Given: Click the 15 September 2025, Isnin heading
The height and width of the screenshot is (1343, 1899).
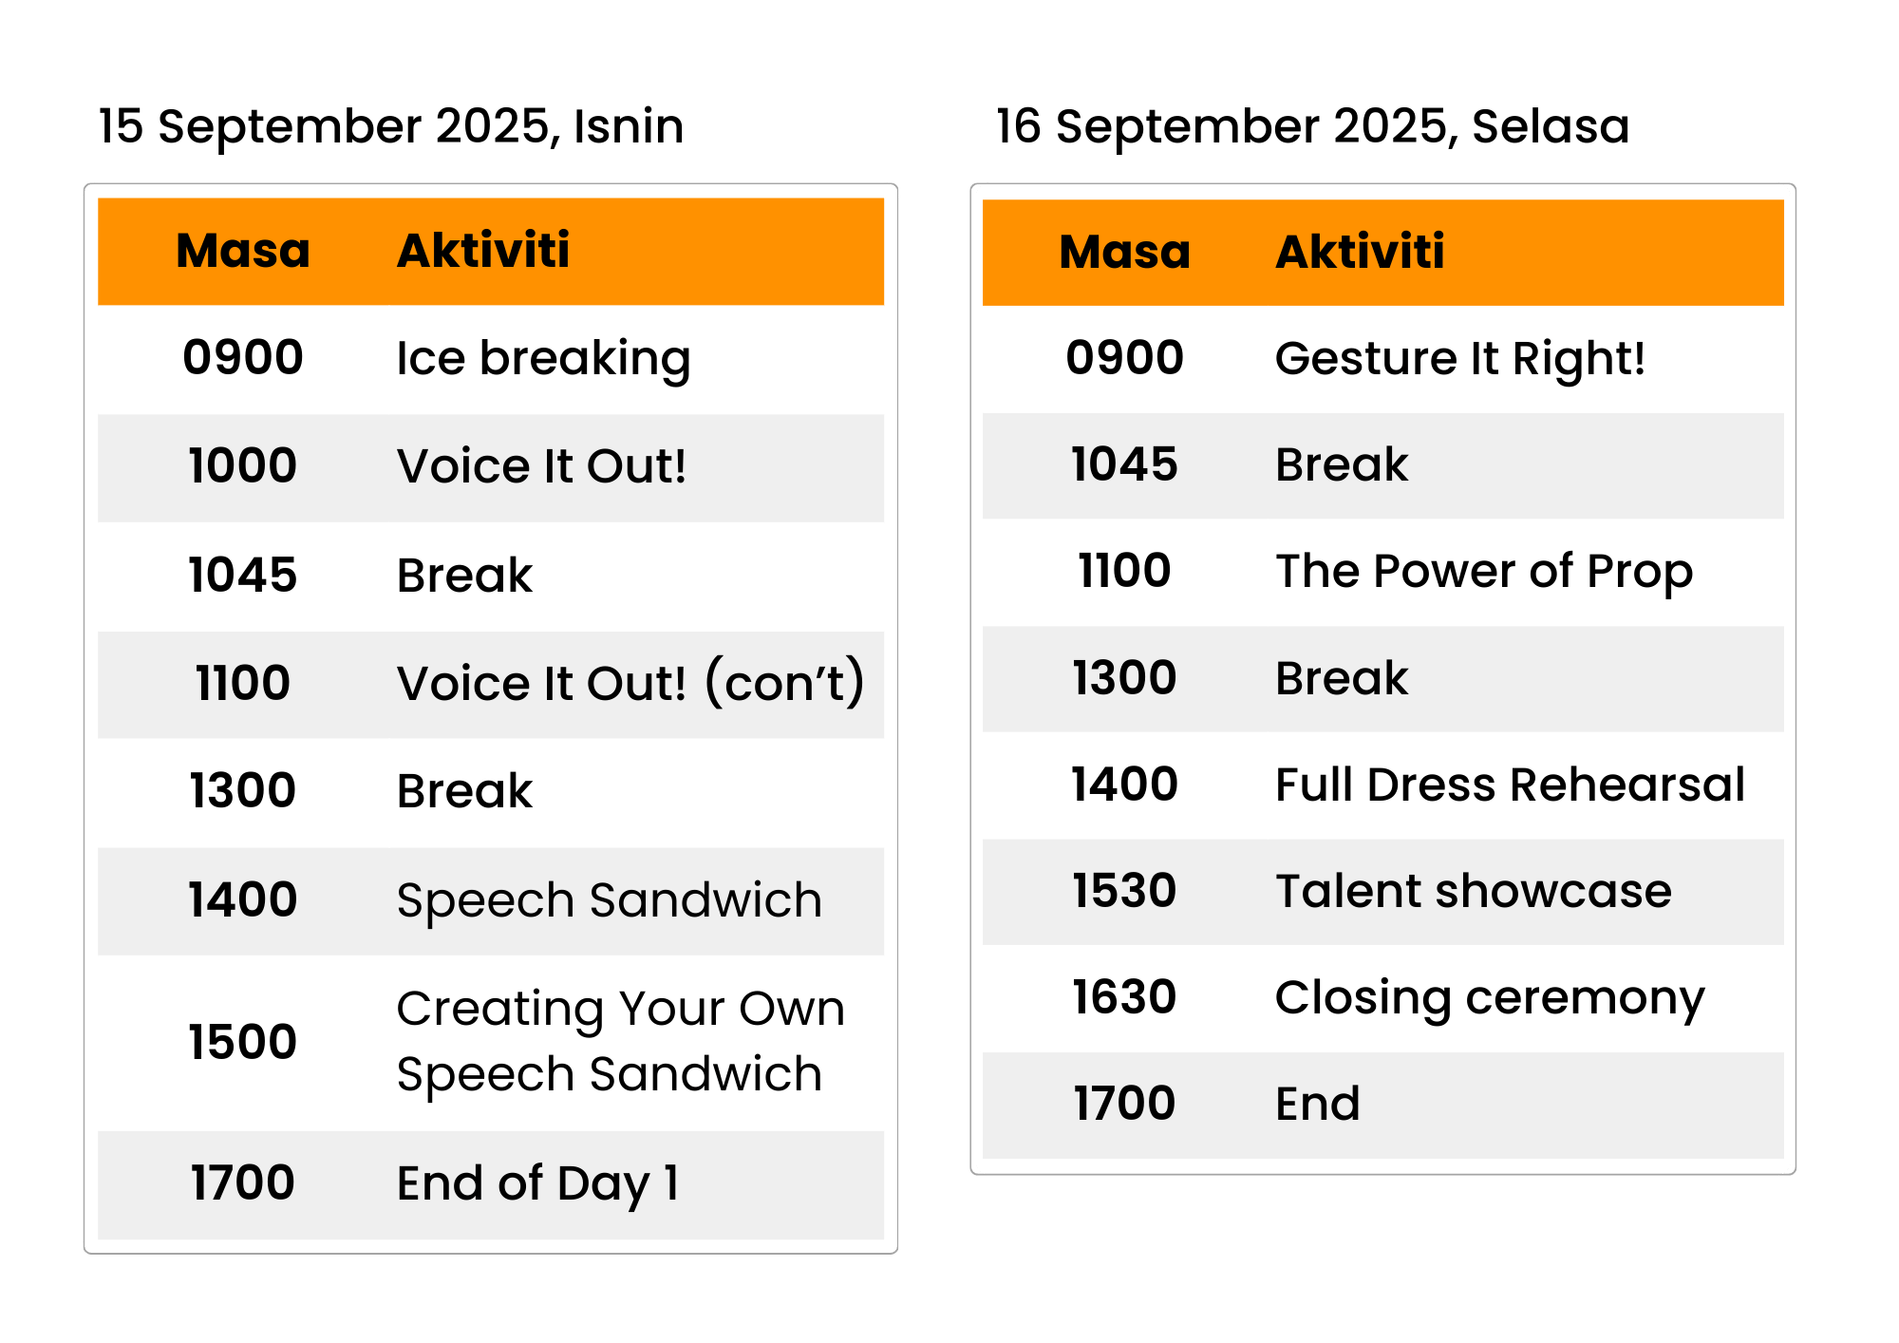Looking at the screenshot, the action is (391, 127).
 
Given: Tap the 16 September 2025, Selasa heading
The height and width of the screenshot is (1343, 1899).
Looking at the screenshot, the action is (1312, 127).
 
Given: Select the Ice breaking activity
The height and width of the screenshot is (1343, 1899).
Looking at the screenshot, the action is (543, 359).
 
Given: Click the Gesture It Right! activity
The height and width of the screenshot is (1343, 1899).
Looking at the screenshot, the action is (1459, 358).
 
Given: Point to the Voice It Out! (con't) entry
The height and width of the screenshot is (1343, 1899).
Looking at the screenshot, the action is (630, 682).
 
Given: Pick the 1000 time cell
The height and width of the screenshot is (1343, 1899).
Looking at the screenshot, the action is (243, 465).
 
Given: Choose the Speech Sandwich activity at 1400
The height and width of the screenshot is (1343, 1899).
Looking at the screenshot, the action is (610, 900).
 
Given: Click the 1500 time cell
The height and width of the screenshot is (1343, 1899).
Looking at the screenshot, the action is (243, 1042).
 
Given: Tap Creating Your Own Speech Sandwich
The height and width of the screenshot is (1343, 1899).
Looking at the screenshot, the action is (621, 1041).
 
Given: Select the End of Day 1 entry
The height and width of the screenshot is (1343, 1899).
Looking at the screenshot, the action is (538, 1183).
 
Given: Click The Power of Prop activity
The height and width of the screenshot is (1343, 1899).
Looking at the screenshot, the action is (1484, 572).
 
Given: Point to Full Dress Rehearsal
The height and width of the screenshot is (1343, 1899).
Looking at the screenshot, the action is (1510, 785).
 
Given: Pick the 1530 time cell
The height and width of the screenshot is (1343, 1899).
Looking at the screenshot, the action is (1124, 891).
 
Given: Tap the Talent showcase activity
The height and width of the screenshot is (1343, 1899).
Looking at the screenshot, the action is (1474, 891).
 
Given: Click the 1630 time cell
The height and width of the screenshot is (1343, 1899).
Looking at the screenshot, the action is (1124, 997).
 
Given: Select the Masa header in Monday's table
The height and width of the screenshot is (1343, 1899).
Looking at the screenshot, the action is (243, 251).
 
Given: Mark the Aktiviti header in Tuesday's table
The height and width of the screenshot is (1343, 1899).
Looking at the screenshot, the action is (1360, 252).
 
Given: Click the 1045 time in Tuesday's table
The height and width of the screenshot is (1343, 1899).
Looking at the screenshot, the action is (1124, 464).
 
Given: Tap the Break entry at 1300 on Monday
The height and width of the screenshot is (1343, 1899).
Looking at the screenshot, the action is (465, 791).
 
